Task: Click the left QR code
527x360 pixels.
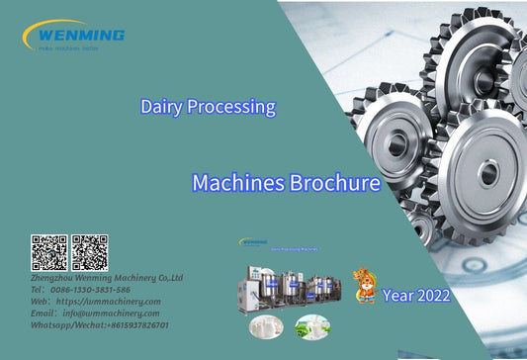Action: (x=48, y=252)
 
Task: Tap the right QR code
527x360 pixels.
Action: (x=89, y=252)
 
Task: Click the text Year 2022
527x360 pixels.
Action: (x=417, y=295)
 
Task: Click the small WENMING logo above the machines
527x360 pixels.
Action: (x=254, y=241)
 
